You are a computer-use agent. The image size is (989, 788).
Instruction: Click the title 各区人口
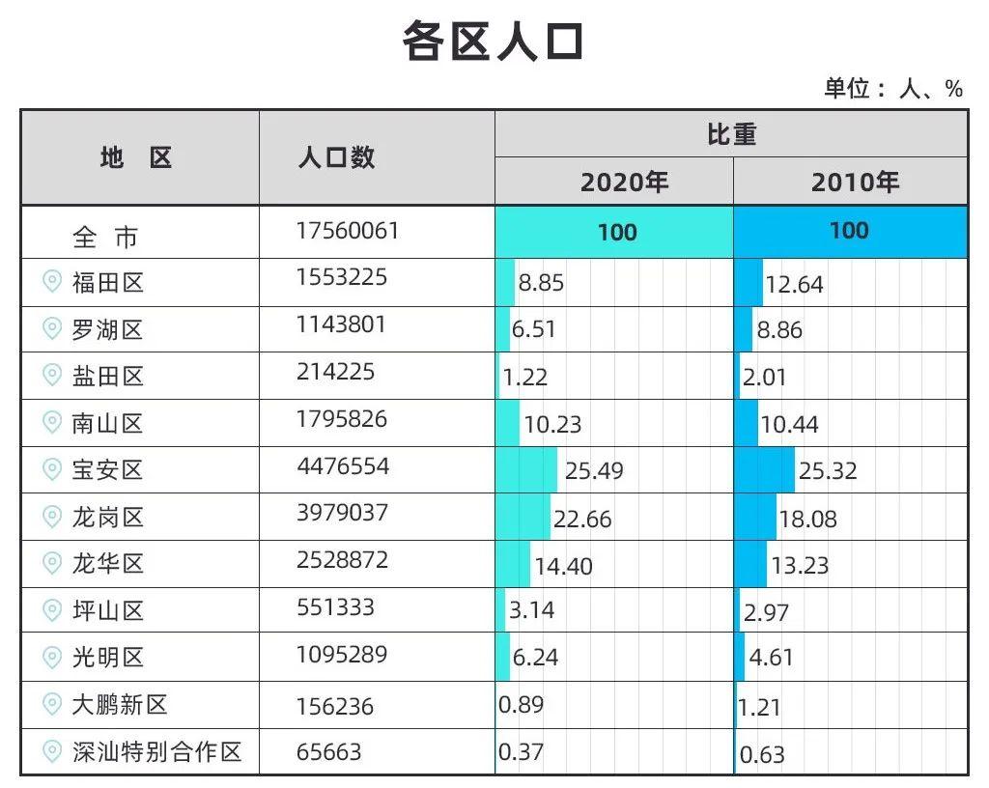(494, 42)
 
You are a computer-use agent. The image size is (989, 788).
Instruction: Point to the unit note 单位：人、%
(892, 89)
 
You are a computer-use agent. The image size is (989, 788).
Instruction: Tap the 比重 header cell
(731, 134)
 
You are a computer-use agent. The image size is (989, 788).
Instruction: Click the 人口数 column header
(336, 157)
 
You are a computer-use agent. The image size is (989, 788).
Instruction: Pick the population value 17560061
(347, 231)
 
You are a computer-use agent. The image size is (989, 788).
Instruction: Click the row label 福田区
(107, 283)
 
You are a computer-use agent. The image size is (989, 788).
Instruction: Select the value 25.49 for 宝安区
(594, 471)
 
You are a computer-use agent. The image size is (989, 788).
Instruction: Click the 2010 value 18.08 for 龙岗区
(807, 520)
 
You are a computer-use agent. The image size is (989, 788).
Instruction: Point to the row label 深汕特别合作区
(156, 752)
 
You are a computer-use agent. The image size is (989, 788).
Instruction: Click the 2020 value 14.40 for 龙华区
(563, 566)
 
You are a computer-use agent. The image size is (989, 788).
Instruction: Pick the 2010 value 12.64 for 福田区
(794, 285)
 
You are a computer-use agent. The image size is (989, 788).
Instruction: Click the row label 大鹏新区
(120, 705)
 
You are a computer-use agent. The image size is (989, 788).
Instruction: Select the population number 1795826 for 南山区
(342, 419)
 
